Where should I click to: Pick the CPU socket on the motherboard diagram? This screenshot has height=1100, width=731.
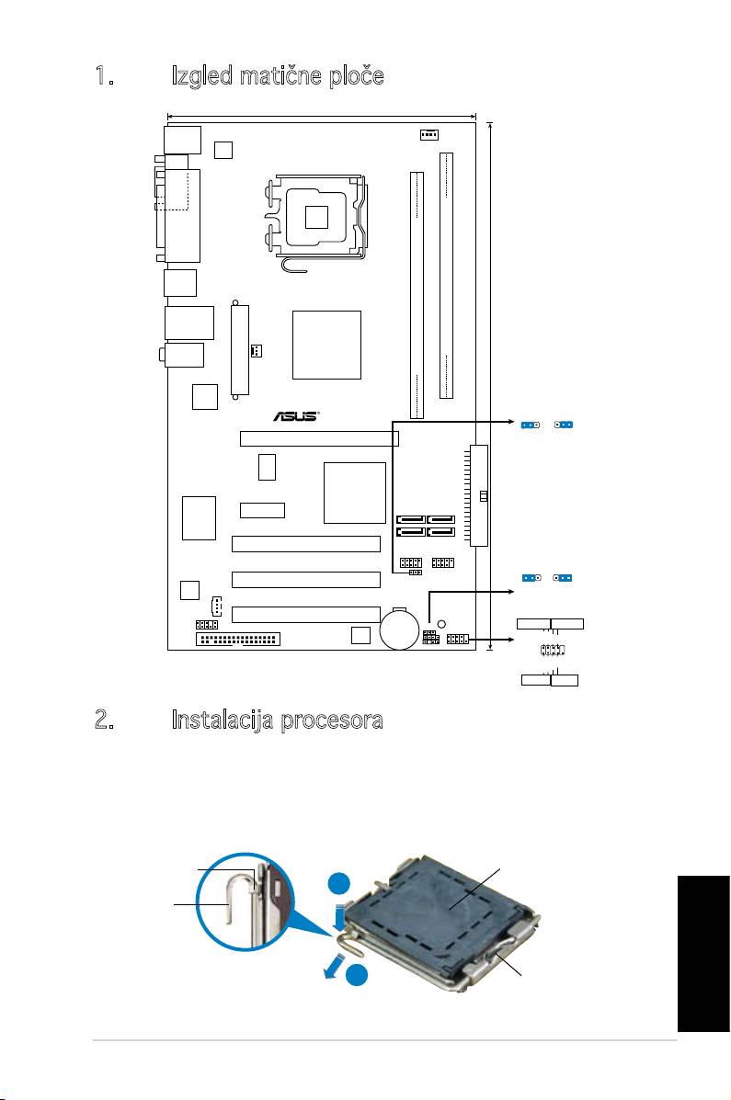point(315,217)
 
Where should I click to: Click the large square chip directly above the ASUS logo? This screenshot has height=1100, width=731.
point(326,345)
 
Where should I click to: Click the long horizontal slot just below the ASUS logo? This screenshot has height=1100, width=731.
point(319,438)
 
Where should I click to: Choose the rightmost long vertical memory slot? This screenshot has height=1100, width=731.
point(448,276)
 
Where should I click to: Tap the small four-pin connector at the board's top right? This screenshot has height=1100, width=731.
point(427,135)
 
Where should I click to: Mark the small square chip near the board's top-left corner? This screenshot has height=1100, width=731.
point(223,149)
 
